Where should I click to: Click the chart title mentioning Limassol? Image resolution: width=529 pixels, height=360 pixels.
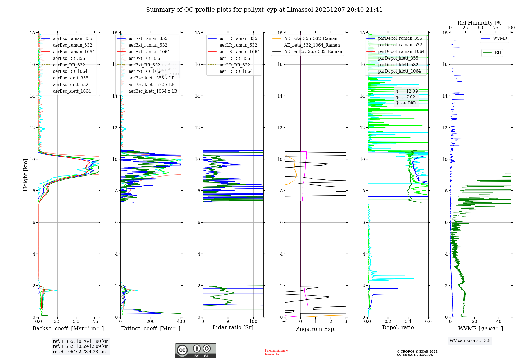pyautogui.click(x=264, y=10)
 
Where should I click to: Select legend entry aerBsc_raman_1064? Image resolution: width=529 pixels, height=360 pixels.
pyautogui.click(x=74, y=52)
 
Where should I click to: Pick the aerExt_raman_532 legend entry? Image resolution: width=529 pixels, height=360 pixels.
pyautogui.click(x=148, y=45)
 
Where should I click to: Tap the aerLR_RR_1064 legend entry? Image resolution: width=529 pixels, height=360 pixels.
pyautogui.click(x=236, y=71)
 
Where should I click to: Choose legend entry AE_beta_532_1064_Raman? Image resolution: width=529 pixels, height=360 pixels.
pyautogui.click(x=312, y=45)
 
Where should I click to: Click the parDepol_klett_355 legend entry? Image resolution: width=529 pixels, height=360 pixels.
pyautogui.click(x=398, y=58)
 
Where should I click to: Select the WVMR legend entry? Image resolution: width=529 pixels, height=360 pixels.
pyautogui.click(x=500, y=38)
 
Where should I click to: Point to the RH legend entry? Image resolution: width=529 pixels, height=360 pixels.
pyautogui.click(x=498, y=53)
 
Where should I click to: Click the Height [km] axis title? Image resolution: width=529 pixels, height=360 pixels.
pyautogui.click(x=25, y=175)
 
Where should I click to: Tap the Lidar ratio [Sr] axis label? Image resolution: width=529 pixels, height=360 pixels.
pyautogui.click(x=233, y=327)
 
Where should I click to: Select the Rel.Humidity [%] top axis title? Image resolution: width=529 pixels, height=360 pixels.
pyautogui.click(x=480, y=23)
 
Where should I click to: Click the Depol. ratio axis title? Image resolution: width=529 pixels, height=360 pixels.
pyautogui.click(x=398, y=327)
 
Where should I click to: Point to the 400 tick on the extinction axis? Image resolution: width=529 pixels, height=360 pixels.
pyautogui.click(x=181, y=322)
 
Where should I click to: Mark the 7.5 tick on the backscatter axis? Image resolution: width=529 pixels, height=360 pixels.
pyautogui.click(x=95, y=322)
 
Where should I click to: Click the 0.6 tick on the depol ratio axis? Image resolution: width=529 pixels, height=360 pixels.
pyautogui.click(x=428, y=322)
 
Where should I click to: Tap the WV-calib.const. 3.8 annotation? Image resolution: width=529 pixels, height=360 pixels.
pyautogui.click(x=470, y=341)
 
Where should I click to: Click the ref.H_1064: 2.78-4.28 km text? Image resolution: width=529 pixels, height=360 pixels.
pyautogui.click(x=79, y=352)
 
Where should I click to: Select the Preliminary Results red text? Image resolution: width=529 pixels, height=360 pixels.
pyautogui.click(x=276, y=352)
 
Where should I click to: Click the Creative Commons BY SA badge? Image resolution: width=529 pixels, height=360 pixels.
pyautogui.click(x=195, y=351)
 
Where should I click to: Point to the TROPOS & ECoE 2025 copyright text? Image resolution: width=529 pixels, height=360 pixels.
pyautogui.click(x=417, y=353)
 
